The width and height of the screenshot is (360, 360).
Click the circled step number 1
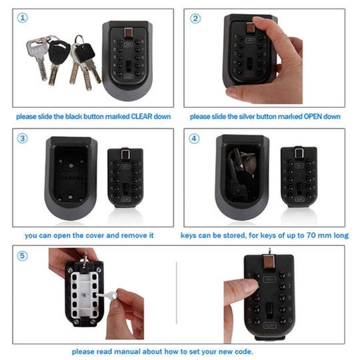click(23, 18)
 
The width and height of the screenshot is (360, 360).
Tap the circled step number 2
click(195, 19)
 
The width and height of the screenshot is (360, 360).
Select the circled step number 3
click(23, 138)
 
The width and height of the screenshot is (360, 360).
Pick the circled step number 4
click(194, 139)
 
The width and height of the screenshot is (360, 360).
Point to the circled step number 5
click(23, 255)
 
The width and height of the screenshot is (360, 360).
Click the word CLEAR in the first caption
click(141, 117)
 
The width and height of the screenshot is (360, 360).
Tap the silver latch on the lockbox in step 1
click(128, 33)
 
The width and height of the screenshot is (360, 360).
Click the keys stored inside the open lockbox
click(241, 175)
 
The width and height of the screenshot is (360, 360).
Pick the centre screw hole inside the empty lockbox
click(71, 165)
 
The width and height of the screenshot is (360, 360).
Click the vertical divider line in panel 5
click(176, 293)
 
